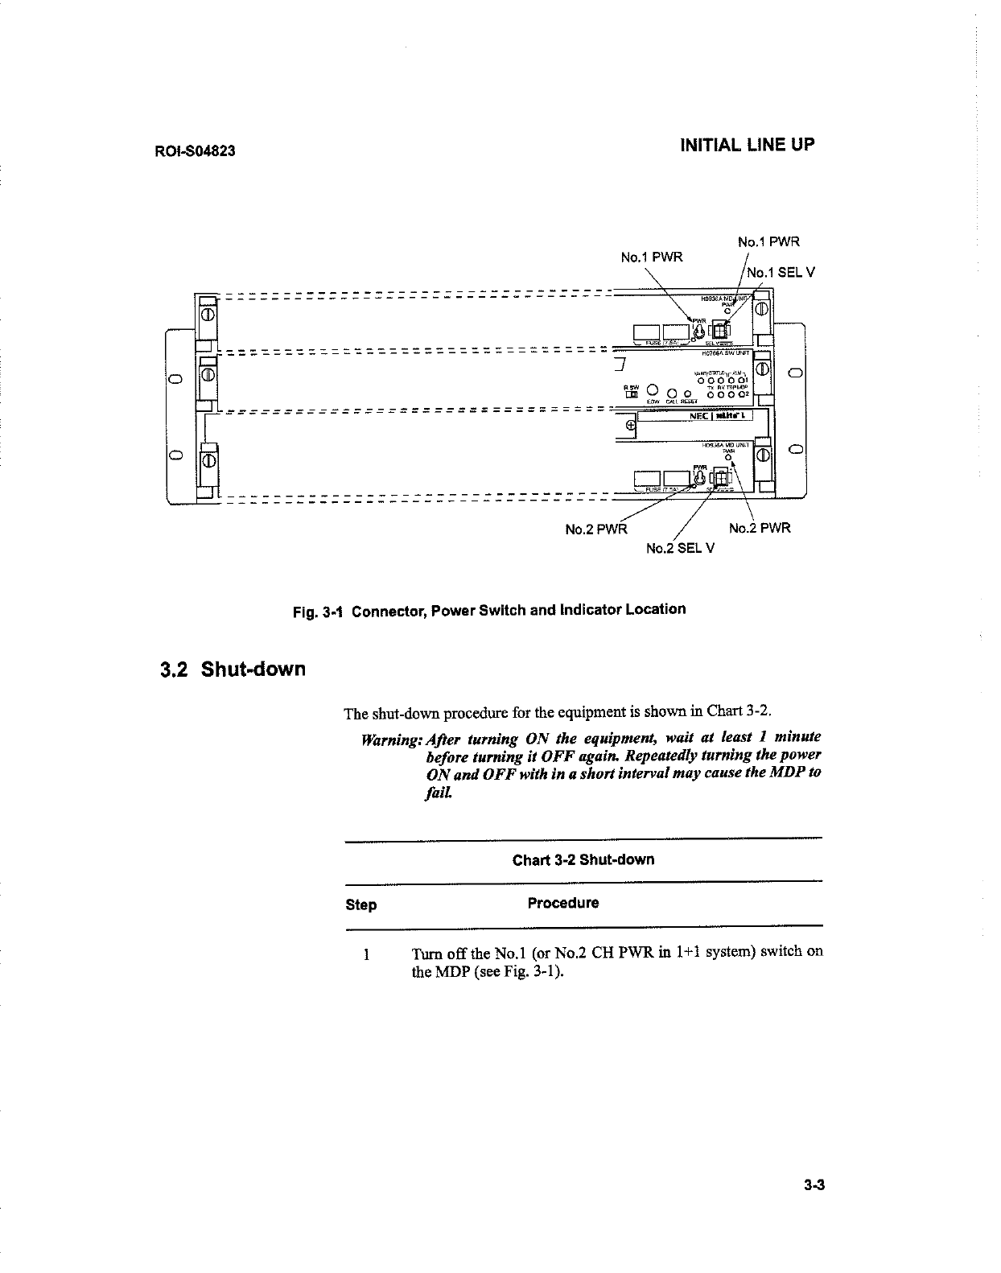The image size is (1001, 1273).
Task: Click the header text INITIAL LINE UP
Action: [x=747, y=145]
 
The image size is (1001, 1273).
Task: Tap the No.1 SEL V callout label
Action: [x=780, y=272]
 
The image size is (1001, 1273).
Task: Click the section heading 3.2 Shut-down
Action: [x=233, y=669]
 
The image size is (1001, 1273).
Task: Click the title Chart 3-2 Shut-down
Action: [x=583, y=859]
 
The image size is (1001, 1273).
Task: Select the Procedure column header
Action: [x=562, y=903]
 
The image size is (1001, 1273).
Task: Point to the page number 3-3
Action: [x=814, y=1184]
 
